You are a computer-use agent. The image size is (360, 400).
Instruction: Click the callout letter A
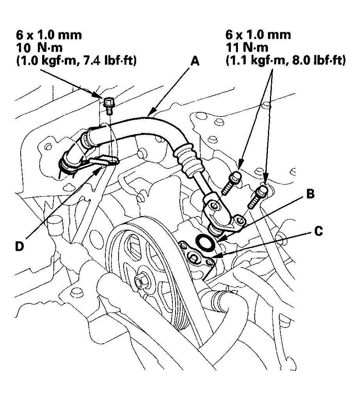coord(195,62)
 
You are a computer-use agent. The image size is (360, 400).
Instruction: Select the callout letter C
coord(319,232)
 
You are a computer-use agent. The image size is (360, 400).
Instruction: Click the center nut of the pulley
coord(139,281)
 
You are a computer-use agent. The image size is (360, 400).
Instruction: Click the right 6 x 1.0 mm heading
coord(258,34)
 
